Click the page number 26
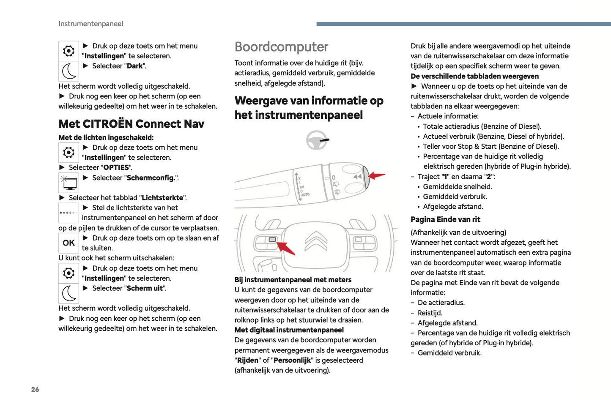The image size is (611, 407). click(35, 389)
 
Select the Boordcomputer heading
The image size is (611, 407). click(281, 47)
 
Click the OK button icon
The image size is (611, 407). click(68, 243)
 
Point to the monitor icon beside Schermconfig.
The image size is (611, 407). click(68, 183)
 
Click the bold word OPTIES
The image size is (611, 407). click(116, 167)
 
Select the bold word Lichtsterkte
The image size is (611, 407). click(162, 198)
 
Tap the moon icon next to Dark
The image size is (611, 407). click(68, 71)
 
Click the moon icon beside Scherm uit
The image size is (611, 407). click(68, 293)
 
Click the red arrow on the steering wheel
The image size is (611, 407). click(286, 248)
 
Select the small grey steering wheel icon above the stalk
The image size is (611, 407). click(316, 140)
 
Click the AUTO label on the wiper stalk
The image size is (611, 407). click(305, 195)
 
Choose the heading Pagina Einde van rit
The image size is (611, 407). click(445, 219)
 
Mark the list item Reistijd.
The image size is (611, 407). click(430, 313)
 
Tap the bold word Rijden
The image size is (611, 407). click(247, 360)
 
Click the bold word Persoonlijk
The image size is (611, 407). click(292, 360)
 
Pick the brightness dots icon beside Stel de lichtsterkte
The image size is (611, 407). click(68, 213)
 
